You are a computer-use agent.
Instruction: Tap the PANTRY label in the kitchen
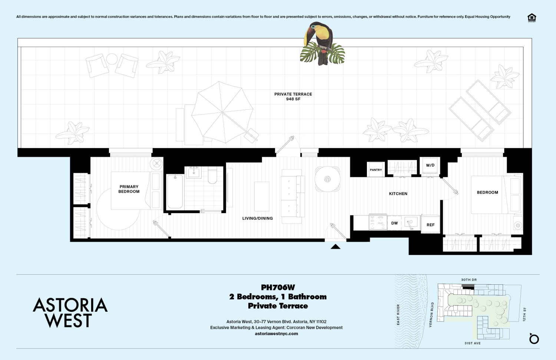click(376, 170)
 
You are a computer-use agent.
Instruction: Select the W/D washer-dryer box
click(430, 165)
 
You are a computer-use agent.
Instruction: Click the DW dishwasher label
click(394, 223)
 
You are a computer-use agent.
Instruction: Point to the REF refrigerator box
click(430, 224)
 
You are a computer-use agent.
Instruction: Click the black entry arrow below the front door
click(335, 246)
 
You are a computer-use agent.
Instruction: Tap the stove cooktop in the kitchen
click(378, 222)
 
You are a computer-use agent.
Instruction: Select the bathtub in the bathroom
click(175, 191)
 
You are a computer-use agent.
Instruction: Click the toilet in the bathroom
click(212, 176)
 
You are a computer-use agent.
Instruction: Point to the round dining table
click(327, 179)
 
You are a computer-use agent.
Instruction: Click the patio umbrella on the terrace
click(222, 112)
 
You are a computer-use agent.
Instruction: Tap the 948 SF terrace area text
click(293, 99)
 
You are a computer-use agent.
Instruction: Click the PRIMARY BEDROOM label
click(129, 189)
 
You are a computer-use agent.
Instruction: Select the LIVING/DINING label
click(257, 218)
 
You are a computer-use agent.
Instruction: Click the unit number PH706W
click(278, 287)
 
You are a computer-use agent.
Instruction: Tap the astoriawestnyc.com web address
click(276, 333)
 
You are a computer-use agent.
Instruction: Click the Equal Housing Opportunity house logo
click(532, 18)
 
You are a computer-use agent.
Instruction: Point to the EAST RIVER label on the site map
click(398, 314)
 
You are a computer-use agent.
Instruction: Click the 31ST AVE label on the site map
click(472, 343)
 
